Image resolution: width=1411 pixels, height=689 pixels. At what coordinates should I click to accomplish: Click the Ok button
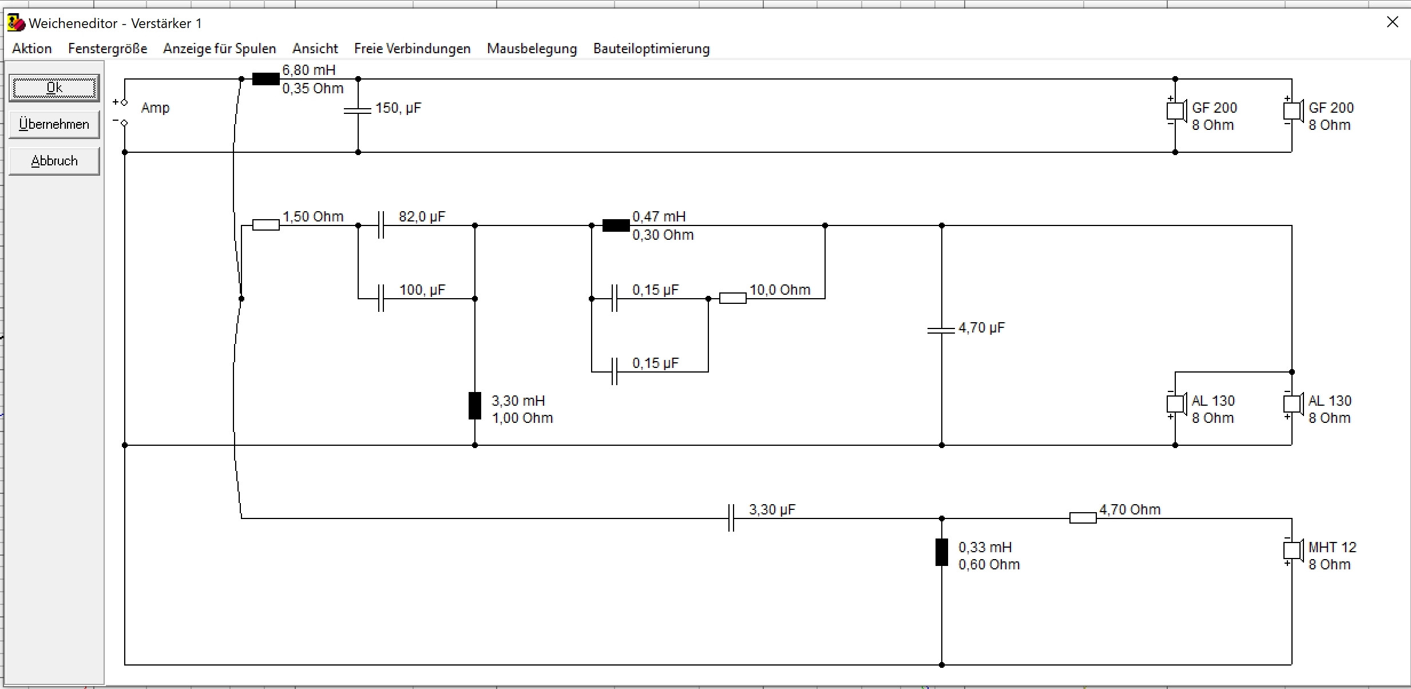click(54, 88)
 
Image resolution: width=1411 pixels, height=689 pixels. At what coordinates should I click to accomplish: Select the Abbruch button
click(54, 161)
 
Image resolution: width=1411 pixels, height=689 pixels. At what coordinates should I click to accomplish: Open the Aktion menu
click(32, 49)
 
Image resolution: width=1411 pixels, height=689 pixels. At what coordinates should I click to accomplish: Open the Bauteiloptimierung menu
click(651, 49)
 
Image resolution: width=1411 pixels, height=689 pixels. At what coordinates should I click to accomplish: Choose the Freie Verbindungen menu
click(412, 49)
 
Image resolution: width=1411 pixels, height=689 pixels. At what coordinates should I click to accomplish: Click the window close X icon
click(1393, 22)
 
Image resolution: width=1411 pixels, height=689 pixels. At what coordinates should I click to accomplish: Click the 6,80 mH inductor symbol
click(266, 79)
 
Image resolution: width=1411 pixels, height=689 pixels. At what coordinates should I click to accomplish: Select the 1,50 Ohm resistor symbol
click(266, 225)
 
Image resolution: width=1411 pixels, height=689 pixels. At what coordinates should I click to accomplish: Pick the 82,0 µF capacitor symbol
click(381, 225)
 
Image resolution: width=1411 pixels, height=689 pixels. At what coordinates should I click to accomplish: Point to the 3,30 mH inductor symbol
click(475, 406)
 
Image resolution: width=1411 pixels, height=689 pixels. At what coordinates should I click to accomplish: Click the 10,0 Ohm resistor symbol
click(732, 298)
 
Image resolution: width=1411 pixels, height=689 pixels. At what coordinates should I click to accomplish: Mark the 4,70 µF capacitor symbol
click(941, 330)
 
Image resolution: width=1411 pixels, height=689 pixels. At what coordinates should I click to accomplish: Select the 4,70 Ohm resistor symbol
click(1083, 518)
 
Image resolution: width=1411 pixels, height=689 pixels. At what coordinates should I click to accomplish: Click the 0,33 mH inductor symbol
click(941, 552)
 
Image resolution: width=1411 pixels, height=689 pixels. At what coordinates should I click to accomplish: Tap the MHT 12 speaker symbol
click(1292, 550)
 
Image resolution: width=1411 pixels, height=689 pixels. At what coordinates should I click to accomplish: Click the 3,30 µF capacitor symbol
click(731, 518)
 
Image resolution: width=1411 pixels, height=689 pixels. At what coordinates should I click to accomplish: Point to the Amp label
click(155, 108)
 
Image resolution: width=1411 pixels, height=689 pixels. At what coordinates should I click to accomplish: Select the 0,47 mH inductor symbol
click(616, 225)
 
